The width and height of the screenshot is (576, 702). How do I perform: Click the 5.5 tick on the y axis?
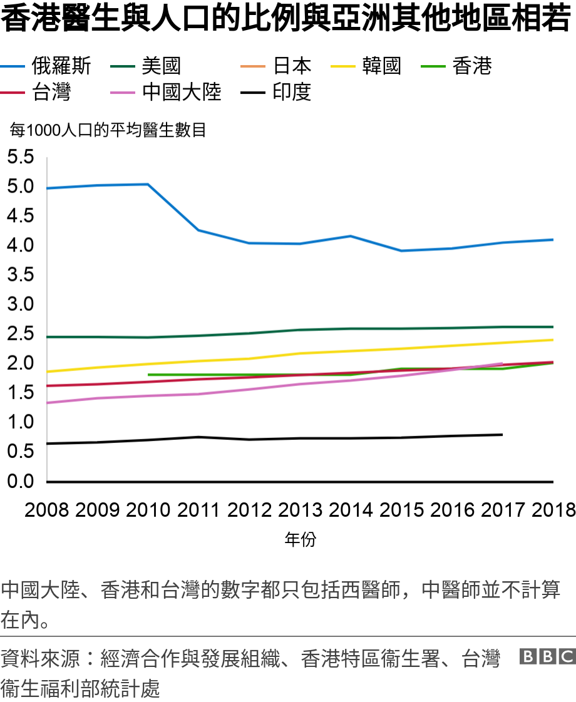pyautogui.click(x=20, y=158)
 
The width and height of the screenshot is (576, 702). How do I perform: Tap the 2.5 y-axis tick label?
pyautogui.click(x=20, y=334)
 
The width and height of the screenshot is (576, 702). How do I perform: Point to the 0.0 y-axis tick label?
pyautogui.click(x=20, y=482)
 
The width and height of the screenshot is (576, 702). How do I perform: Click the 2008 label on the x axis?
pyautogui.click(x=47, y=510)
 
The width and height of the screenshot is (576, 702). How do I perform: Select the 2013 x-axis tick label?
pyautogui.click(x=300, y=510)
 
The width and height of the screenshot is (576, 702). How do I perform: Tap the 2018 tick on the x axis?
pyautogui.click(x=553, y=510)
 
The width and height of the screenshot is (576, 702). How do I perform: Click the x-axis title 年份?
pyautogui.click(x=300, y=539)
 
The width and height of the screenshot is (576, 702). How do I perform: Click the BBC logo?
pyautogui.click(x=547, y=656)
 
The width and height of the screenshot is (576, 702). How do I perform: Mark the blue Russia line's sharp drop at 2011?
pyautogui.click(x=198, y=230)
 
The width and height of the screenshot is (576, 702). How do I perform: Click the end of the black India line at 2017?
pyautogui.click(x=502, y=434)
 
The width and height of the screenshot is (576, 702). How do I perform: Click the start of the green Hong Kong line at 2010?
pyautogui.click(x=148, y=375)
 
